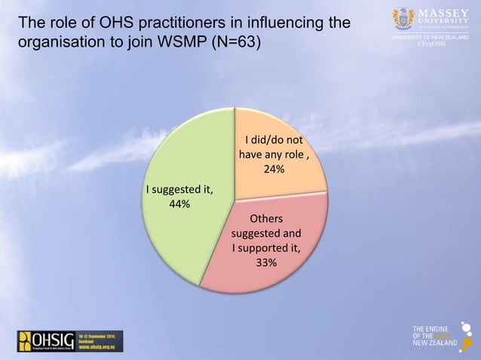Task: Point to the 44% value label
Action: (179, 204)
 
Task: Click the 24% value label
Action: (274, 169)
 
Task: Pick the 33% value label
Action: (266, 262)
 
